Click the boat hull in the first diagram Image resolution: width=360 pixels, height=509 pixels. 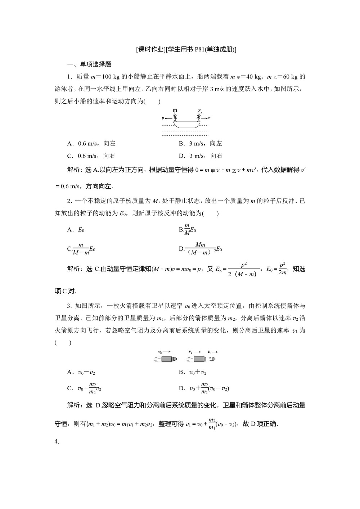(x=186, y=124)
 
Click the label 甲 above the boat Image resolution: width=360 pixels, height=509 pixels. (x=175, y=111)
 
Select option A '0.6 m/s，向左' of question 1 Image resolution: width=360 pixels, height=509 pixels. (x=91, y=144)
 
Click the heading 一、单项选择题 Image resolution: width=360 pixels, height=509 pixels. (x=90, y=64)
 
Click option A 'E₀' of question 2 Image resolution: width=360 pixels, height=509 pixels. (x=76, y=230)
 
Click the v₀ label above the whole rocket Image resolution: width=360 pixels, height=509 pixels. (x=161, y=352)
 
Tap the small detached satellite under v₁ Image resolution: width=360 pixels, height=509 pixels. (x=213, y=359)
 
